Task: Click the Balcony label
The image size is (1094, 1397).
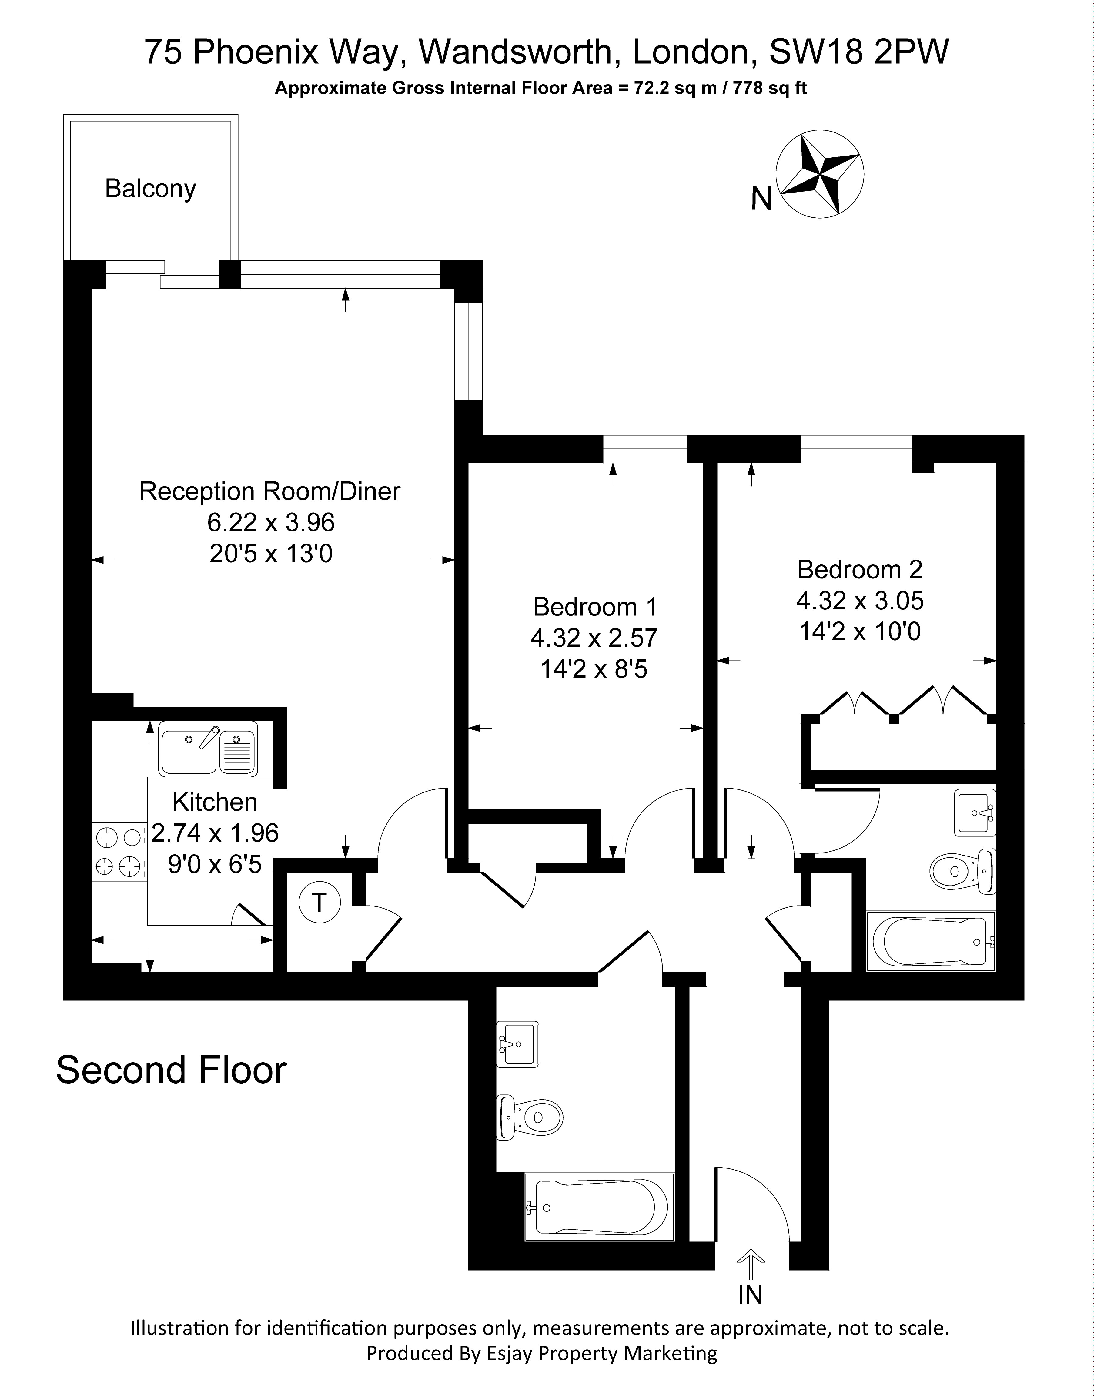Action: pos(151,189)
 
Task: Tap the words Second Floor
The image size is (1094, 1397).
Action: pos(172,1070)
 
